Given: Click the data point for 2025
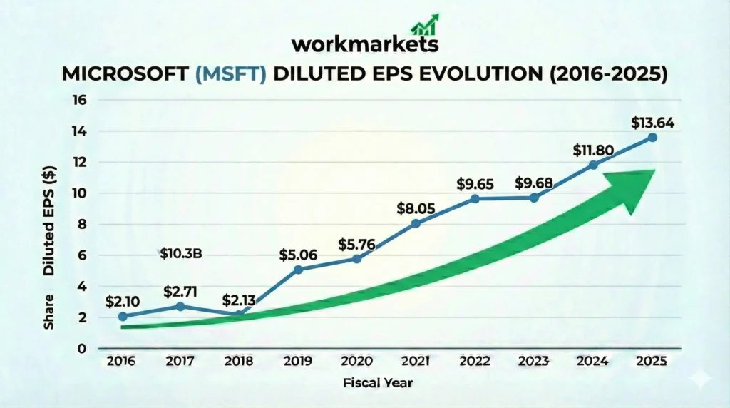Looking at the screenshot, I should [652, 137].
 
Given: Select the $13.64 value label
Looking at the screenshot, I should [652, 123].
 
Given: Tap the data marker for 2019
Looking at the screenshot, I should [298, 269].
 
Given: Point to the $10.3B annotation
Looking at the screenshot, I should [181, 253].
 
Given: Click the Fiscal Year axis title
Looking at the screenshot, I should [377, 383].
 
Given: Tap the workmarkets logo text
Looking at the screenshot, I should [364, 45].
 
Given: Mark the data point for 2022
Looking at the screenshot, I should [475, 198].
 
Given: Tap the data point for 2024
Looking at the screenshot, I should [593, 165].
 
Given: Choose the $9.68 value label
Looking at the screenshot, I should [535, 183].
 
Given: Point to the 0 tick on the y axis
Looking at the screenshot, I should [81, 349].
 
